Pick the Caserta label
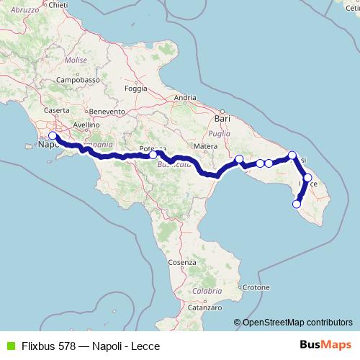pyautogui.click(x=56, y=110)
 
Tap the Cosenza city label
pyautogui.click(x=184, y=263)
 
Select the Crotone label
pyautogui.click(x=256, y=287)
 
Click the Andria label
pyautogui.click(x=185, y=97)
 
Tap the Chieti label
pyautogui.click(x=58, y=5)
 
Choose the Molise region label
pyautogui.click(x=76, y=61)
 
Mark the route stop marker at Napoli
pyautogui.click(x=52, y=135)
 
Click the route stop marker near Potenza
pyautogui.click(x=153, y=154)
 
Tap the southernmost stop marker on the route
pyautogui.click(x=296, y=204)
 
